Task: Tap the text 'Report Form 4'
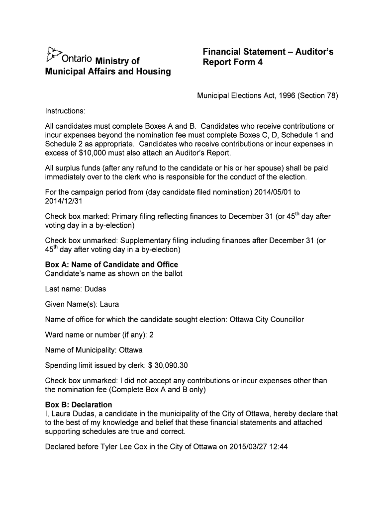click(232, 63)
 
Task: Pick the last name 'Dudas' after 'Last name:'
click(95, 289)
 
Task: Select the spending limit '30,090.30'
click(171, 365)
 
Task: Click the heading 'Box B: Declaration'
click(79, 405)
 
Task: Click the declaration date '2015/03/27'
click(248, 446)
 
